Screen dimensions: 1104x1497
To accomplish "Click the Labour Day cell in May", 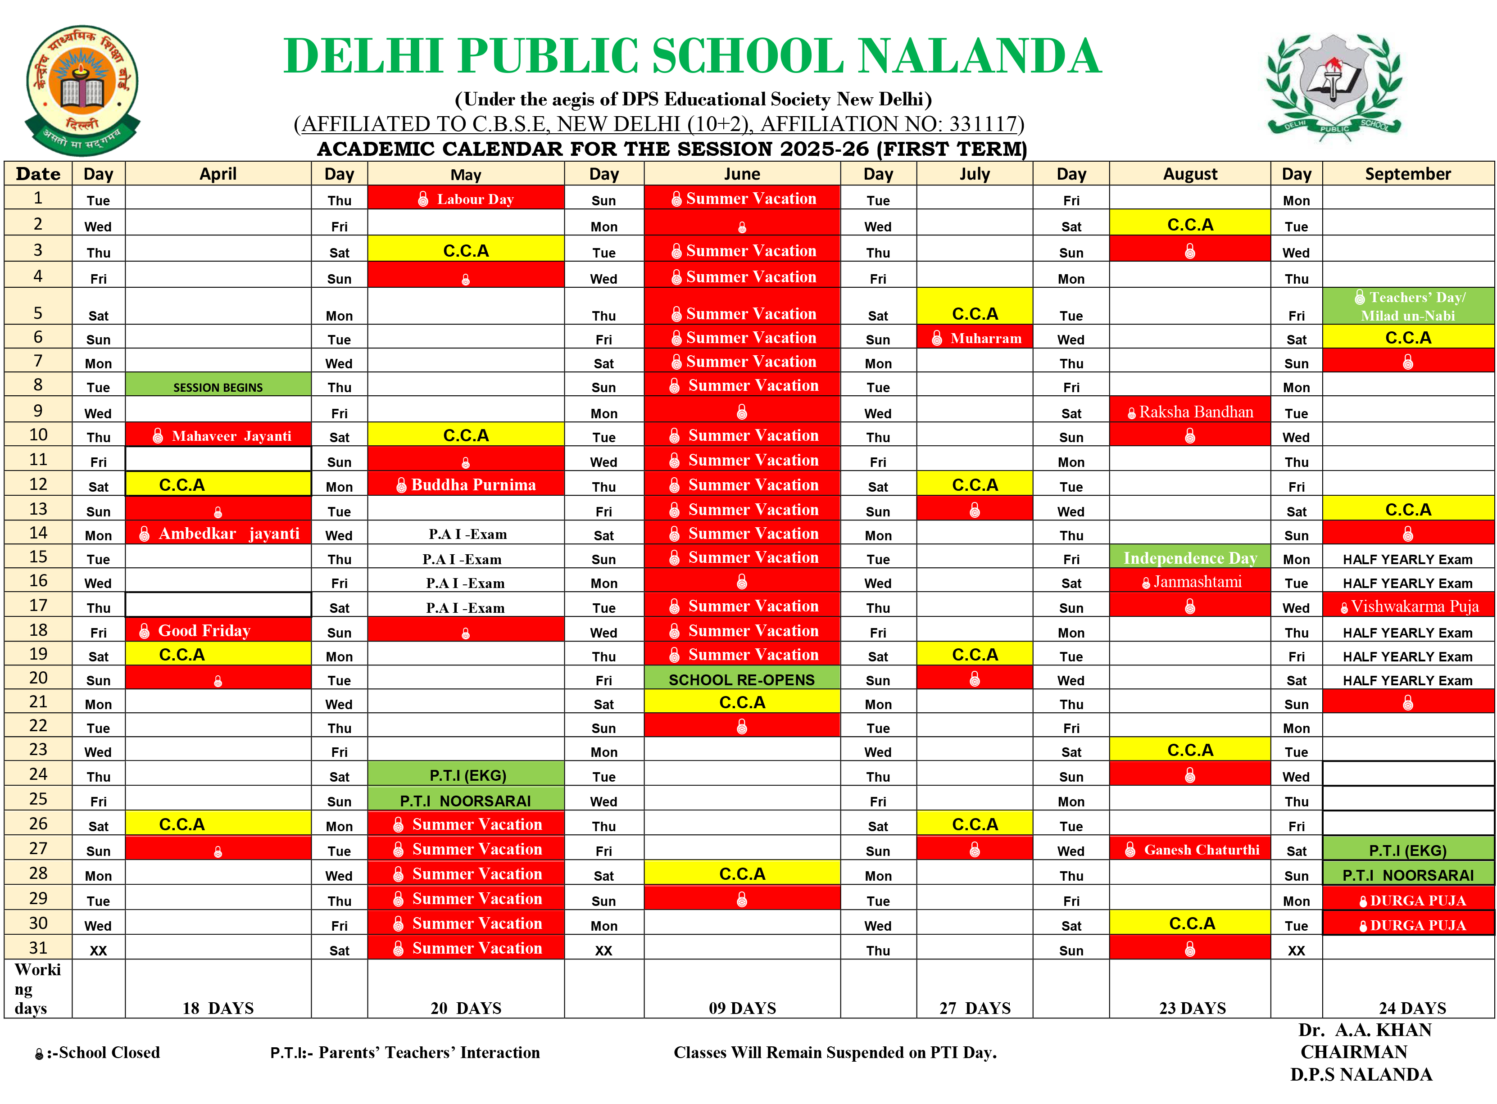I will [466, 199].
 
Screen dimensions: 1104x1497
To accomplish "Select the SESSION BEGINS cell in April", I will [218, 387].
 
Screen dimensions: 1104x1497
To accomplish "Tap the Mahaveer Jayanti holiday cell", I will [218, 436].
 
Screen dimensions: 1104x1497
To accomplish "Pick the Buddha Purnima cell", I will [466, 484].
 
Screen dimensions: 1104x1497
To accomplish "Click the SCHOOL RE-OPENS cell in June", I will [742, 679].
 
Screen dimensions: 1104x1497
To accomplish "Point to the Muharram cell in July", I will [975, 338].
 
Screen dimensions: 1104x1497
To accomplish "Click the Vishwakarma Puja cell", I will [1408, 606].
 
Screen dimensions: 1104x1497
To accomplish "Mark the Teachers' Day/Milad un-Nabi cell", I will [1408, 306].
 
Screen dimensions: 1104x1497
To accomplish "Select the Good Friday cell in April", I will [218, 630].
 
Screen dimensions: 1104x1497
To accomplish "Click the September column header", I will [1408, 174].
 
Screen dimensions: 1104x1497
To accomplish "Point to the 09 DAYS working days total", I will [742, 1008].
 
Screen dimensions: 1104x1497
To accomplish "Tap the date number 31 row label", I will [38, 948].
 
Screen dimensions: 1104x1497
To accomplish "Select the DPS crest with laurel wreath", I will [1334, 86].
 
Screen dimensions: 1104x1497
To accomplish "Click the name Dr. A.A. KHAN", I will [1365, 1030].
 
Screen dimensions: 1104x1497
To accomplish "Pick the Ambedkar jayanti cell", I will [218, 533].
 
